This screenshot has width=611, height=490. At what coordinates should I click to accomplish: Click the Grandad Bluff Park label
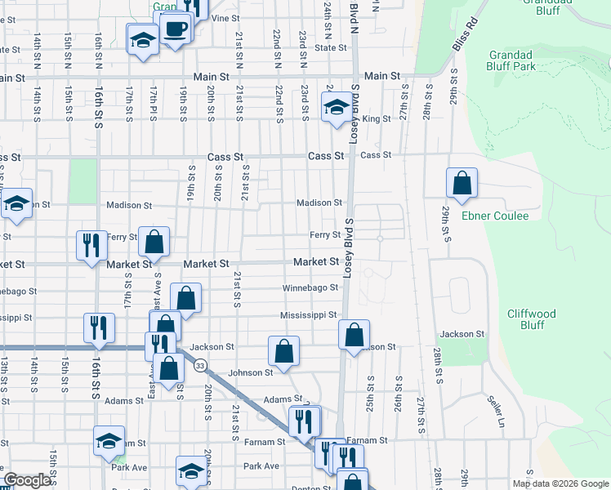click(511, 60)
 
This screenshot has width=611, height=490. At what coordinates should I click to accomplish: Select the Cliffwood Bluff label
click(531, 318)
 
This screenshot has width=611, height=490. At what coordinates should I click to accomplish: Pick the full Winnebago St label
click(310, 287)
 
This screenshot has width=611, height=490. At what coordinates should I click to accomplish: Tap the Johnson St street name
click(250, 372)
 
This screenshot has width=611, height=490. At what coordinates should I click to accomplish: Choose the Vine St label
click(225, 17)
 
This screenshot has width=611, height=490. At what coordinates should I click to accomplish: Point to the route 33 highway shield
click(200, 365)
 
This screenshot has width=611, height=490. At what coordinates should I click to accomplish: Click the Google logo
click(28, 480)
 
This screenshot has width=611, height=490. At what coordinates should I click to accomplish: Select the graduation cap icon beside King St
click(336, 108)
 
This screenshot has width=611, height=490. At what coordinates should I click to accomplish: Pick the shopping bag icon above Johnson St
click(283, 352)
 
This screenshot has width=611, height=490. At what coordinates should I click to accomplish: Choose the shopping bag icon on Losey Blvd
click(354, 335)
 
